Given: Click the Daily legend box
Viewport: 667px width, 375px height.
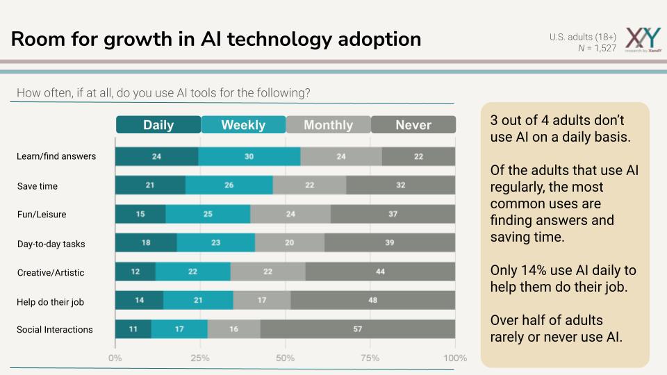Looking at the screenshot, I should [x=158, y=125].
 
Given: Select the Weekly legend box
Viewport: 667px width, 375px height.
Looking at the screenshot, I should [x=243, y=125].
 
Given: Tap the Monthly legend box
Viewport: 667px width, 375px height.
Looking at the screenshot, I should [x=328, y=125].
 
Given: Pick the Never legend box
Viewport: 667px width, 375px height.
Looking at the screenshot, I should [x=413, y=125].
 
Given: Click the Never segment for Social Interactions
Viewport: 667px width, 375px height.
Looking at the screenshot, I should [x=358, y=329].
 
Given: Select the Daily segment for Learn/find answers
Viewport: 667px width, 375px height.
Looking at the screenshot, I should [x=156, y=156].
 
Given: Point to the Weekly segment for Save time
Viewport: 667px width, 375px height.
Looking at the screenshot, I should [x=229, y=185].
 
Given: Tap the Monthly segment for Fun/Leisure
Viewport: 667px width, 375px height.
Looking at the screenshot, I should [x=290, y=214].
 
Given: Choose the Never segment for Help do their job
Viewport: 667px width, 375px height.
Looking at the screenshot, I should [x=372, y=300].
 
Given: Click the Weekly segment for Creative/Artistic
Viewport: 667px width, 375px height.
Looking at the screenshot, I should [x=193, y=272].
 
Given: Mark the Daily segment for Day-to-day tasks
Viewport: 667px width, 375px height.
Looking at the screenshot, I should [x=146, y=242].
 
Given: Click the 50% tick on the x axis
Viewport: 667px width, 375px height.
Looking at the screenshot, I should [x=286, y=358].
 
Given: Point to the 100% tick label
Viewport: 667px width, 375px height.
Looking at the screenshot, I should [x=455, y=358].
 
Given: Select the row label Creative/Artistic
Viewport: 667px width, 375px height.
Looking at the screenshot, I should [x=51, y=273].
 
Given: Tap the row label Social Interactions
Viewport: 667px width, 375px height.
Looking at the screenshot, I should [x=55, y=330].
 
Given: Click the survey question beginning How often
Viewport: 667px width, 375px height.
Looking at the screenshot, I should [x=163, y=92].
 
